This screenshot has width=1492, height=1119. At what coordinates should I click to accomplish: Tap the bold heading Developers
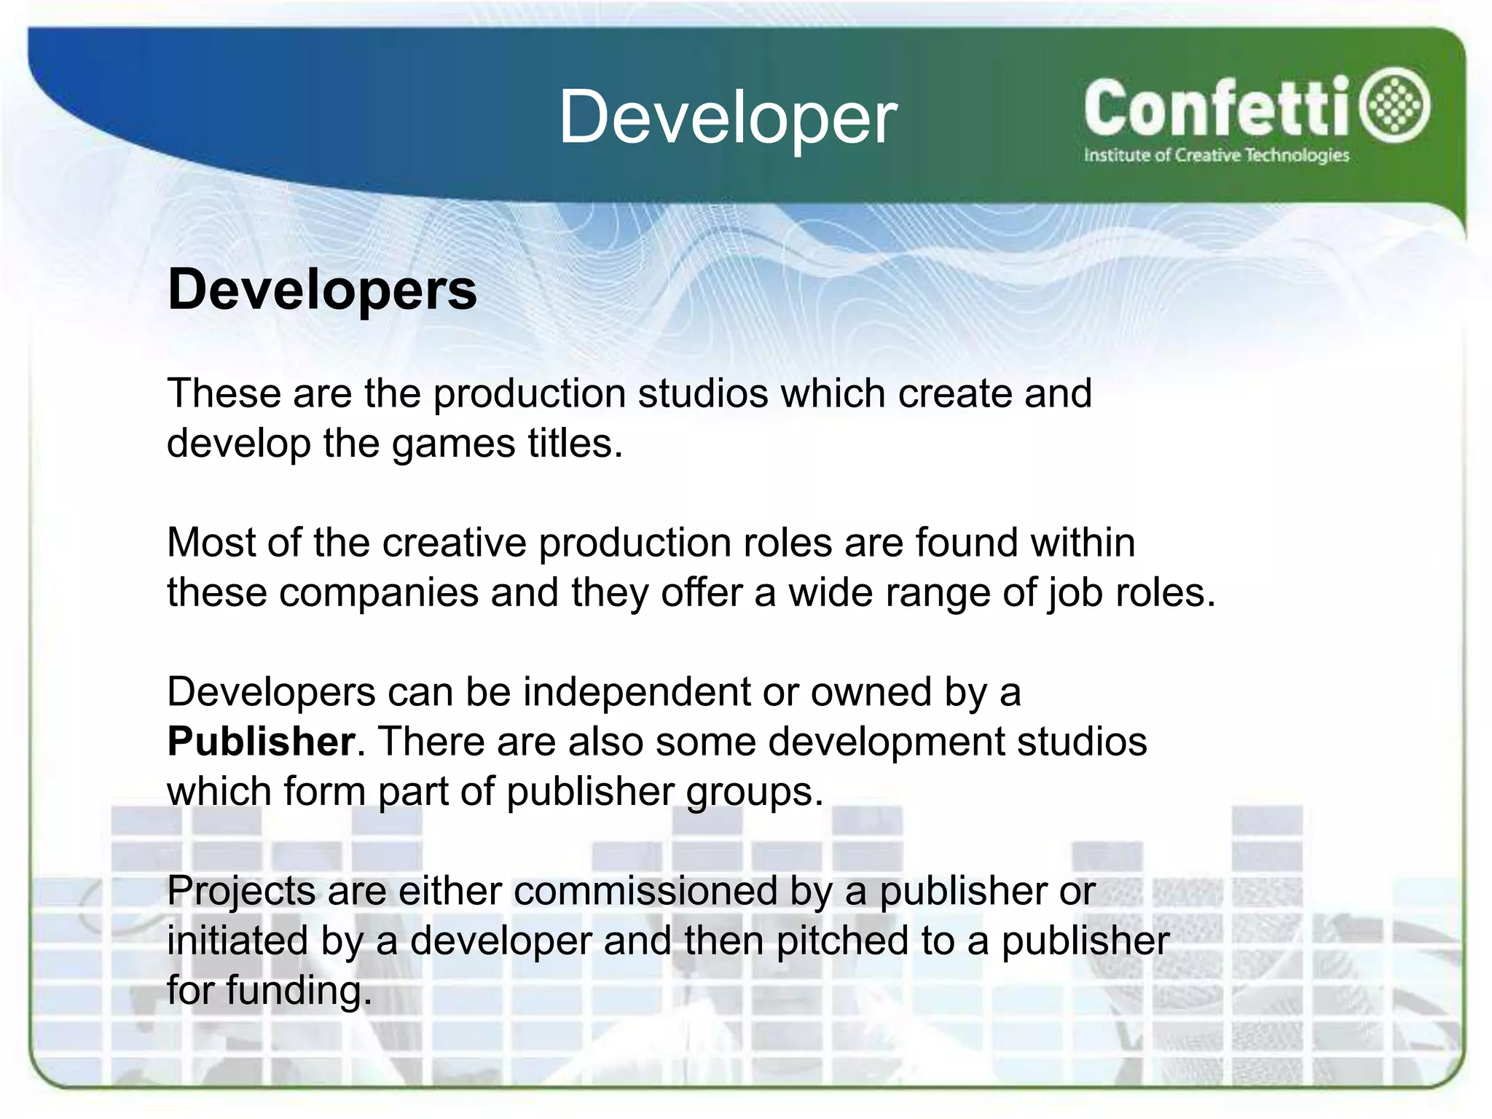(x=322, y=290)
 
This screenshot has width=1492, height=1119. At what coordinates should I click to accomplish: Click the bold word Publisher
(x=261, y=742)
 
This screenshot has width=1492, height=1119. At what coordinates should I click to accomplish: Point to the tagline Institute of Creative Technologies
(x=1216, y=155)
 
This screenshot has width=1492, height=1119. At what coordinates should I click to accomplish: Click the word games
(x=453, y=444)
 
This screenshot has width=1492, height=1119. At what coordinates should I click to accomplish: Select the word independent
(x=637, y=691)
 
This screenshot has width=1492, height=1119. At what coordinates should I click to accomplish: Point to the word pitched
(x=842, y=941)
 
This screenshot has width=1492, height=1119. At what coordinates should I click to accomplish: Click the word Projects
(x=240, y=891)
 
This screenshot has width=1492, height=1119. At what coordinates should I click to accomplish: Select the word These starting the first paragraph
(x=224, y=393)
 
